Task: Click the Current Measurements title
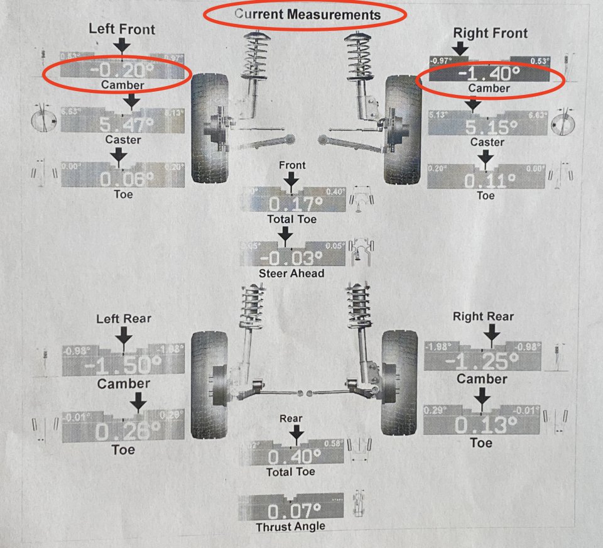tap(307, 14)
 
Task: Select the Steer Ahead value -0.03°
tap(291, 258)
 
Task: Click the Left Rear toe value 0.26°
tap(122, 430)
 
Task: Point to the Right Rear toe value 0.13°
tap(481, 425)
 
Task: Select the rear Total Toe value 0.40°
tap(291, 456)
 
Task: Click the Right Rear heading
tap(483, 317)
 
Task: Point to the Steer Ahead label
tap(291, 273)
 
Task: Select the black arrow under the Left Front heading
tap(122, 45)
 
